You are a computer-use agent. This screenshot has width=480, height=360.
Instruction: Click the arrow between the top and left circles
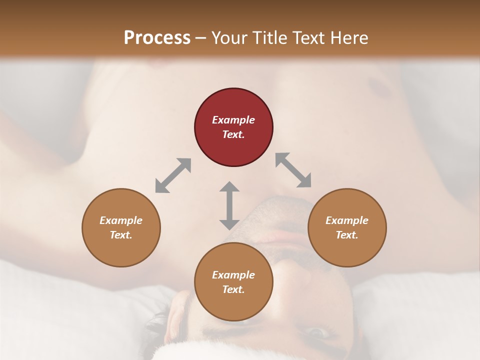(x=173, y=175)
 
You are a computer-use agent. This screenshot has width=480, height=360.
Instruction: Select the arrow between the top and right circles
(x=293, y=170)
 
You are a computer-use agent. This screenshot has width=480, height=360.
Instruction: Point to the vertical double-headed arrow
(x=229, y=205)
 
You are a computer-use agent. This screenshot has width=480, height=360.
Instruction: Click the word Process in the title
(x=157, y=37)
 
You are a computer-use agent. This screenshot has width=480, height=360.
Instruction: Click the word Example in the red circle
(x=233, y=120)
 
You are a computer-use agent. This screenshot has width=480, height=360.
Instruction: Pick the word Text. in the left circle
(x=121, y=235)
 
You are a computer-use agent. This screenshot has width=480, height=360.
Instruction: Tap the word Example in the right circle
(x=347, y=220)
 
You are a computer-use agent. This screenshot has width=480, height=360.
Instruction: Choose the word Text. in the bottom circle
(x=233, y=289)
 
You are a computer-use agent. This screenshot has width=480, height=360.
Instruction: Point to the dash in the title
(x=200, y=38)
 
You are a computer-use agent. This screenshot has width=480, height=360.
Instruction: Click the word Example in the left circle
(x=121, y=220)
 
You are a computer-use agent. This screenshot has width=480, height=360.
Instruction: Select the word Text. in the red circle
(x=233, y=134)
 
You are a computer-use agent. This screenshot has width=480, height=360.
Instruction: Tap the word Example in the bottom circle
(x=233, y=275)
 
